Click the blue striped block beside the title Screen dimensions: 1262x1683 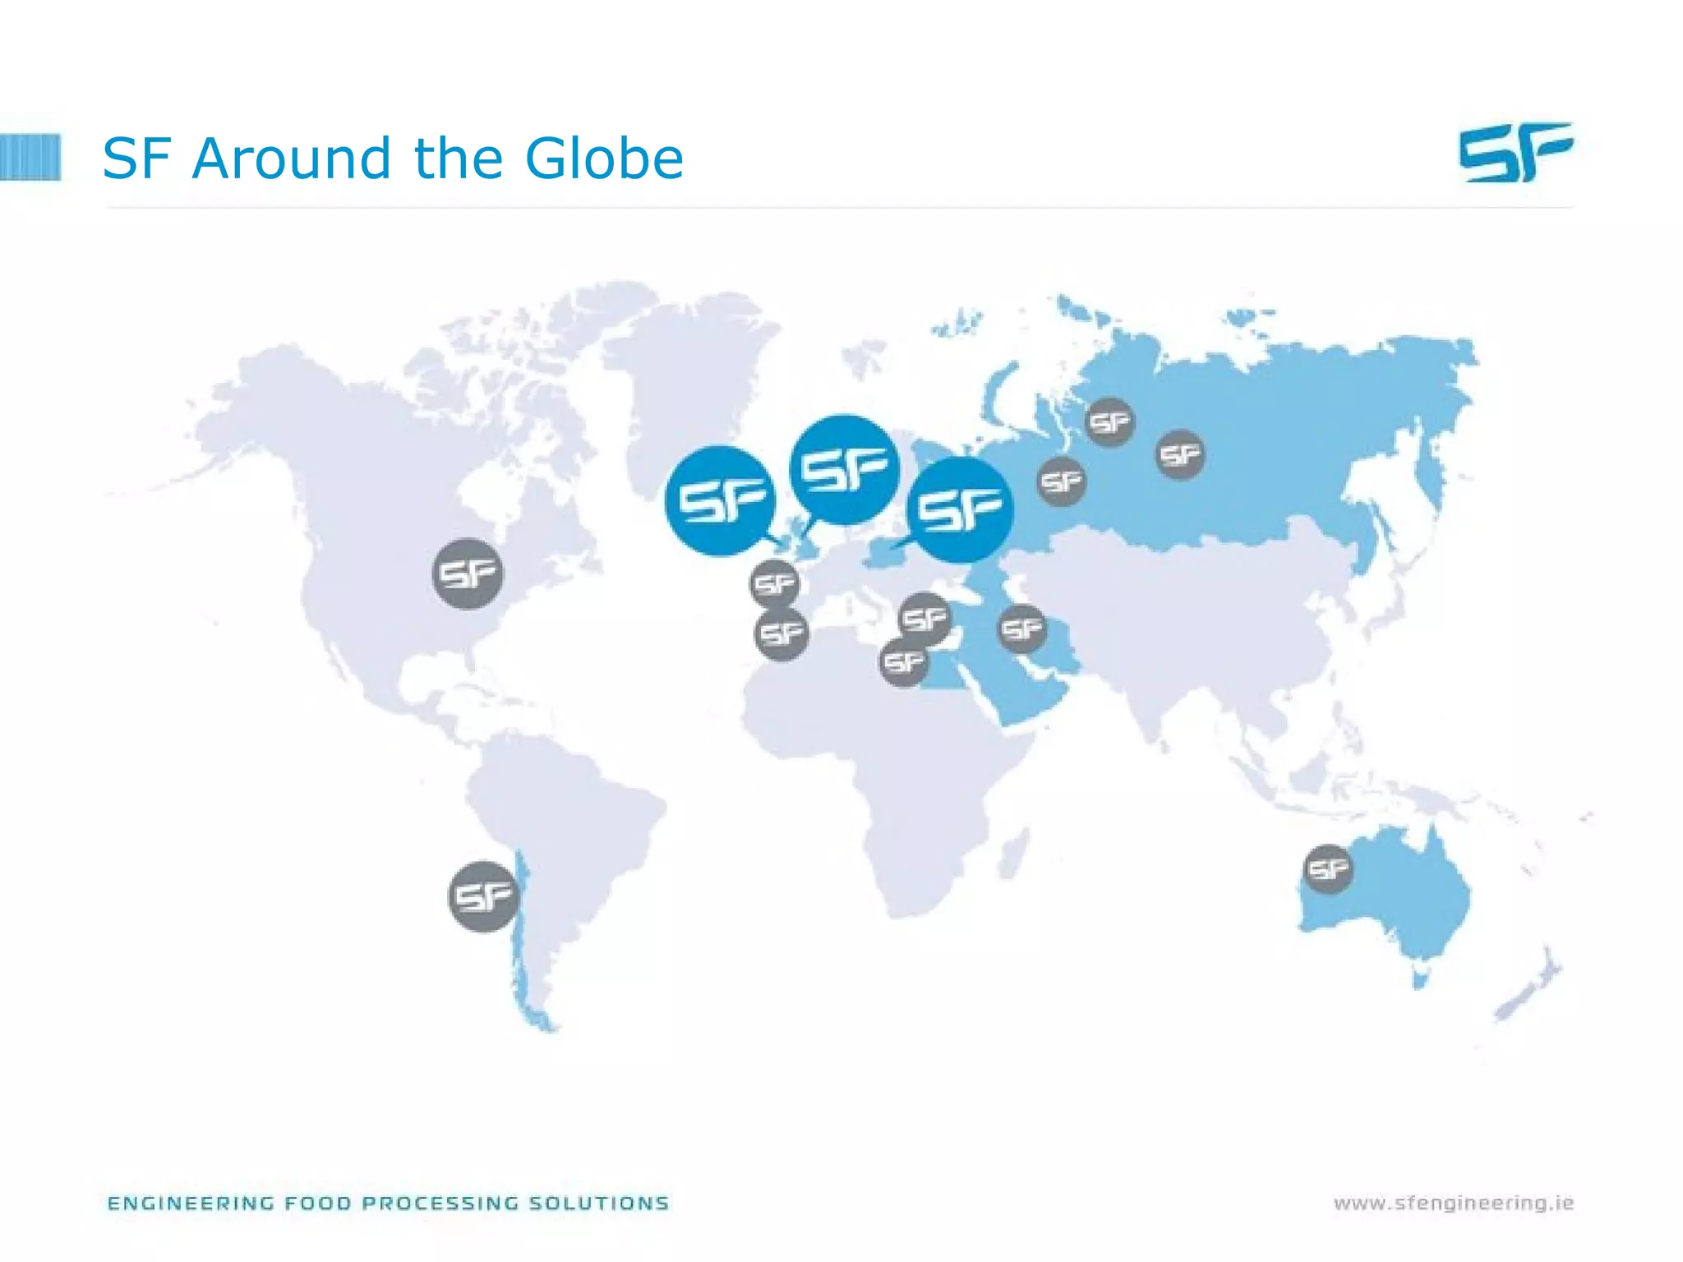point(30,157)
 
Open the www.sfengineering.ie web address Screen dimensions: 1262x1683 point(1453,1204)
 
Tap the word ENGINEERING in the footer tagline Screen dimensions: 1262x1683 point(191,1204)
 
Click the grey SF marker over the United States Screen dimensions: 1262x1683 point(468,573)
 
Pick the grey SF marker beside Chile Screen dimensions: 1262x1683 point(484,896)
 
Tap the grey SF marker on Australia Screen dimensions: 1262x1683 point(1328,868)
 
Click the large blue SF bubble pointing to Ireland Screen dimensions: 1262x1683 point(720,500)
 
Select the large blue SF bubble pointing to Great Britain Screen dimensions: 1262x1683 point(844,469)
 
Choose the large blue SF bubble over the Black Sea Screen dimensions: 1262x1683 point(960,509)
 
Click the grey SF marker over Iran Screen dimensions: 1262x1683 point(1022,629)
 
